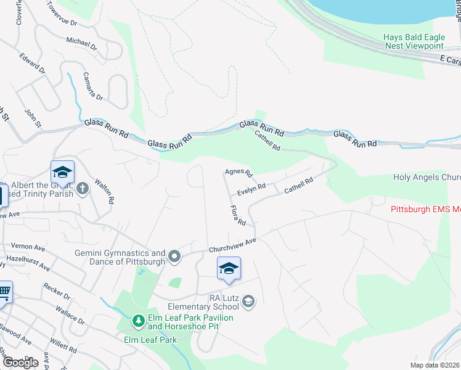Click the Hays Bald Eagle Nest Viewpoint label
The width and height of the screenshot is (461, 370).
pos(414,41)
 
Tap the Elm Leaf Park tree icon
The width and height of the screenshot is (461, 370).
pos(139,321)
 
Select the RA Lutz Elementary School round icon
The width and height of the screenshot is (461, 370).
pos(248,300)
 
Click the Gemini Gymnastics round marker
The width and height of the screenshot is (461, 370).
pos(175,255)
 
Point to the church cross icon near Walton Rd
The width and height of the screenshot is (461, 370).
pos(83,187)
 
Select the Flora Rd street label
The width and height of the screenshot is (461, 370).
pos(239,215)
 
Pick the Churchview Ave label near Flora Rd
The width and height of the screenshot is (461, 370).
pos(232,245)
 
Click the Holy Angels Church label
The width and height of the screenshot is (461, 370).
pos(427,178)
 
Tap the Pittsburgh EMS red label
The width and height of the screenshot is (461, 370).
pos(426,209)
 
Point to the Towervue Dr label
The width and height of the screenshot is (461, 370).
pos(62,14)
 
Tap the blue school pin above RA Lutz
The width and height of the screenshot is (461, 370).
pos(229,268)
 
